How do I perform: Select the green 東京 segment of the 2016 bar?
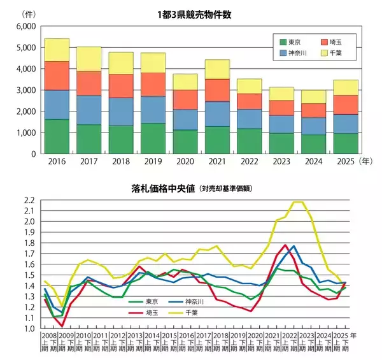click(x=57, y=136)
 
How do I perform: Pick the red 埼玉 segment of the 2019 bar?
click(x=153, y=85)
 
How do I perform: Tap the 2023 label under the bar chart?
click(x=281, y=162)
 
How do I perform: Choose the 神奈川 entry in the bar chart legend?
click(x=292, y=53)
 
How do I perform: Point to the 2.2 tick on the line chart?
click(x=28, y=200)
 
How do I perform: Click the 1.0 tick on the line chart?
click(x=28, y=329)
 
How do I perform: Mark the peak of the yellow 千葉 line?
click(x=297, y=202)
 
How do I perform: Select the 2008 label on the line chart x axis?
click(x=48, y=335)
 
